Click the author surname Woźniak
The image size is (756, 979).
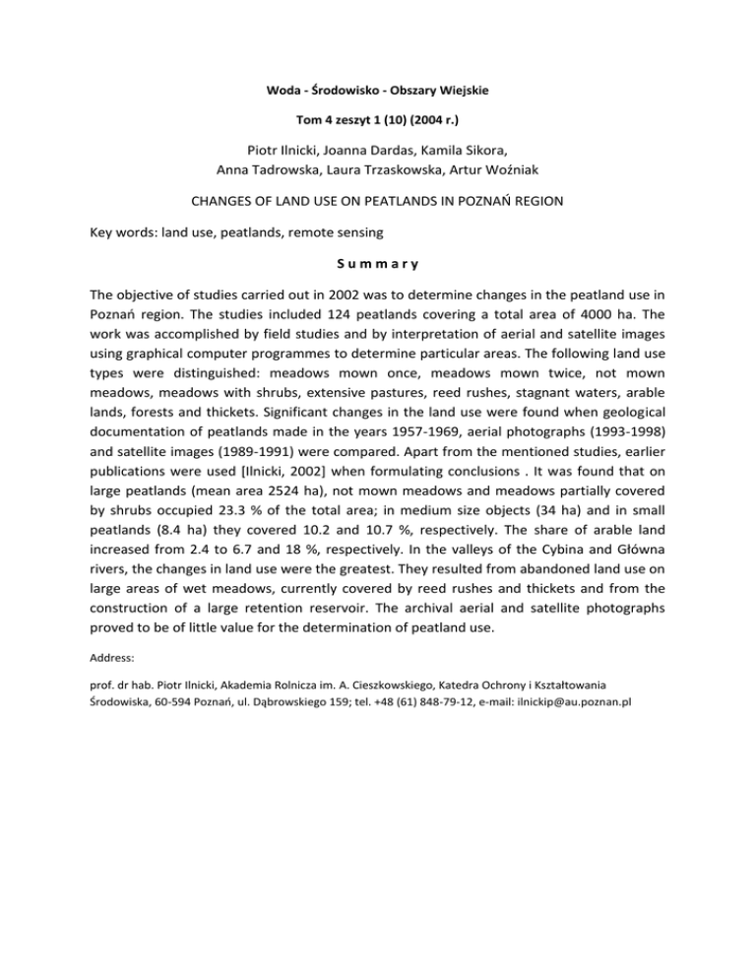pyautogui.click(x=508, y=175)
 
